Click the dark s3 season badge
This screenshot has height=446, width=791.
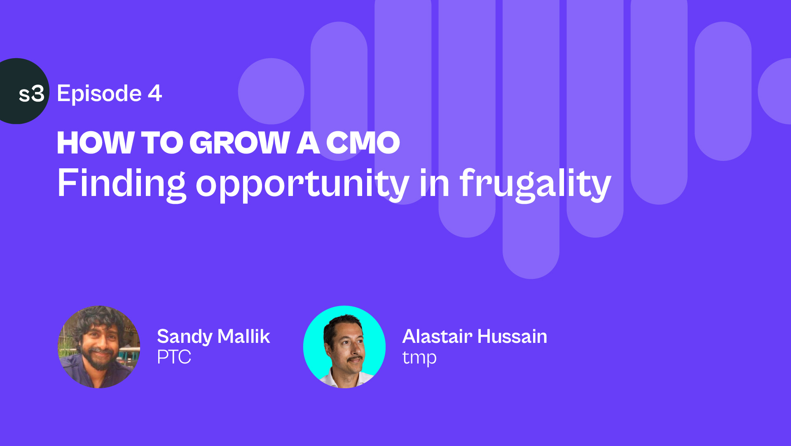(x=21, y=91)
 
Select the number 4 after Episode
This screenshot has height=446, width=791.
(x=155, y=93)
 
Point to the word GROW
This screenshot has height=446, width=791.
(x=240, y=143)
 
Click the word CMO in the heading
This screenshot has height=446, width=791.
(x=363, y=143)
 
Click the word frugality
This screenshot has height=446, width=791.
(x=535, y=184)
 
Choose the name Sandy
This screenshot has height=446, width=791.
(x=185, y=337)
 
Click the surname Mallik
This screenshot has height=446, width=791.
(x=244, y=336)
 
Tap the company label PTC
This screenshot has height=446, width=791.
(x=174, y=357)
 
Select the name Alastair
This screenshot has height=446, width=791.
(x=437, y=336)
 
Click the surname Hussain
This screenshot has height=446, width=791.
(x=513, y=336)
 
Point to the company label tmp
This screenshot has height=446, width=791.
(x=419, y=358)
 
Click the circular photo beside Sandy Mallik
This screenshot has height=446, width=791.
(x=99, y=347)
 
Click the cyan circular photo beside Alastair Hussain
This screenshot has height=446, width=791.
(x=344, y=347)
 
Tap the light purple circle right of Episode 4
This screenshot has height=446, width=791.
(x=271, y=91)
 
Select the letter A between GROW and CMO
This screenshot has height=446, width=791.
(x=308, y=143)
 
